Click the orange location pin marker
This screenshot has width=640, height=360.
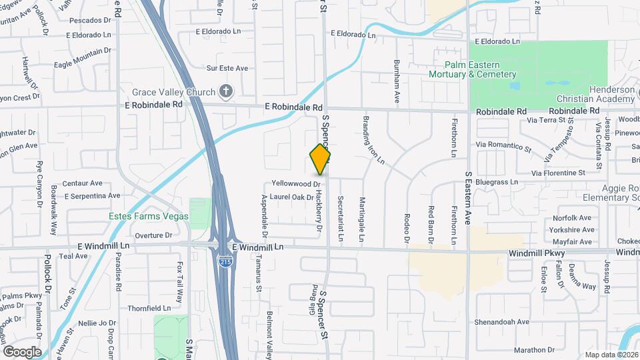pyautogui.click(x=320, y=160)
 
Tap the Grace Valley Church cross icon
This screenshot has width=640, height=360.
pyautogui.click(x=226, y=92)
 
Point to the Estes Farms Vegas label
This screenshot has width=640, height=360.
pyautogui.click(x=149, y=215)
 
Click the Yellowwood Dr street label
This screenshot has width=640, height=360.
pyautogui.click(x=297, y=183)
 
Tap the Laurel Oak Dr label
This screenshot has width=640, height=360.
pyautogui.click(x=291, y=197)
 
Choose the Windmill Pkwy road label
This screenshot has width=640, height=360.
pyautogui.click(x=537, y=253)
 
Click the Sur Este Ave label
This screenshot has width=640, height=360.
pyautogui.click(x=227, y=68)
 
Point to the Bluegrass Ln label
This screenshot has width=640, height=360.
pyautogui.click(x=496, y=181)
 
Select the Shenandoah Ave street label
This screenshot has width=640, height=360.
pyautogui.click(x=502, y=321)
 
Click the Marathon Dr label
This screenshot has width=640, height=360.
pyautogui.click(x=539, y=349)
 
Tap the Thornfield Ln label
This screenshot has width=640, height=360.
pyautogui.click(x=149, y=309)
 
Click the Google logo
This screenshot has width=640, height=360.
pyautogui.click(x=22, y=351)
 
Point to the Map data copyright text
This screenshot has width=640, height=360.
pyautogui.click(x=611, y=355)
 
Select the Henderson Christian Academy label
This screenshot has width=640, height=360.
pyautogui.click(x=597, y=94)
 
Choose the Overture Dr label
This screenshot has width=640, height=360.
pyautogui.click(x=153, y=235)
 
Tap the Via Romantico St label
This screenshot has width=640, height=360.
pyautogui.click(x=503, y=144)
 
